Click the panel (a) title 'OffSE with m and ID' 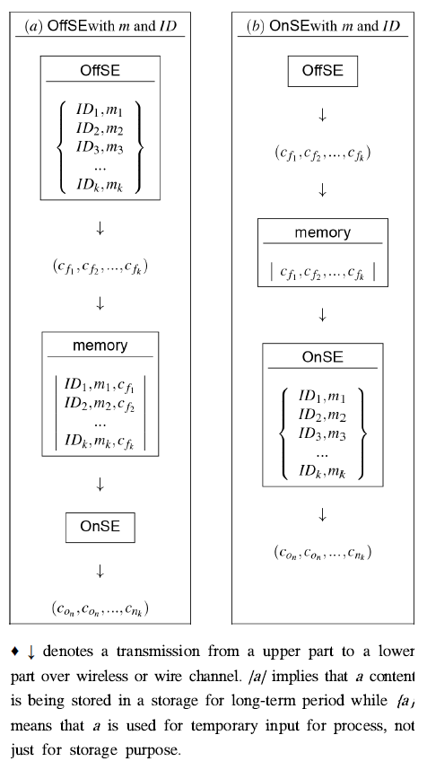[x=100, y=26]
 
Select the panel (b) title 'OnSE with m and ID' [x=322, y=26]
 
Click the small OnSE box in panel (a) [x=100, y=527]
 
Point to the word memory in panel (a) [x=100, y=346]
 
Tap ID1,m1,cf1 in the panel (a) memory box [x=100, y=386]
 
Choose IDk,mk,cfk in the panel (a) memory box [x=100, y=442]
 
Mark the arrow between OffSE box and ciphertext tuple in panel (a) [x=100, y=229]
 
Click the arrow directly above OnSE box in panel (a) [x=100, y=484]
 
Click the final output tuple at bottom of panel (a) [x=100, y=608]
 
